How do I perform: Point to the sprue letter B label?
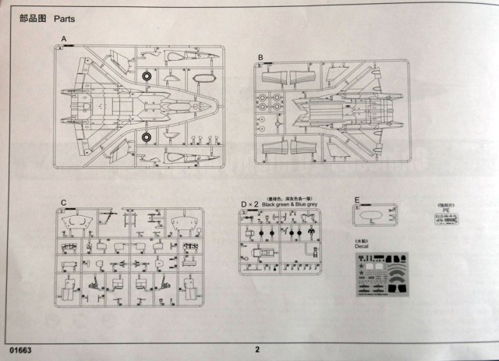(x=260, y=57)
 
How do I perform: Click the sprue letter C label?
(x=62, y=204)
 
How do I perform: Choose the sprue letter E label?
(x=357, y=200)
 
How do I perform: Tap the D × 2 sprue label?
(x=249, y=204)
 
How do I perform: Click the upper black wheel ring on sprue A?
(x=147, y=76)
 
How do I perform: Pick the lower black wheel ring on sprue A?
(x=147, y=137)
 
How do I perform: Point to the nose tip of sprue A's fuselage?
(x=220, y=106)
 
